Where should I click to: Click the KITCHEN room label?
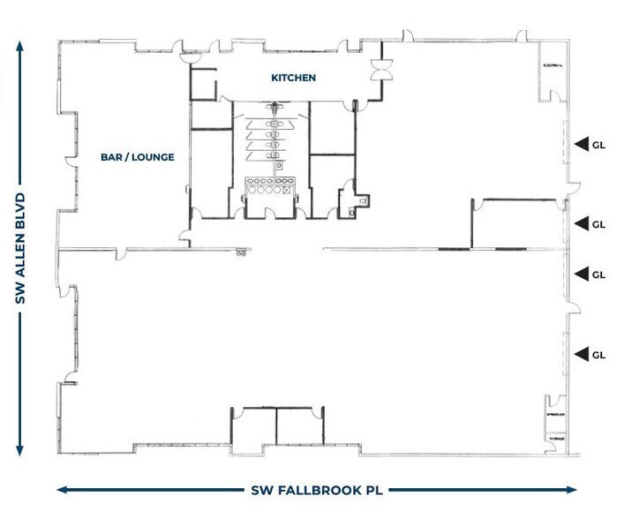[293, 79]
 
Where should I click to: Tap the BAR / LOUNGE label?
[137, 157]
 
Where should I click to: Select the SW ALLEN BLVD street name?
[19, 249]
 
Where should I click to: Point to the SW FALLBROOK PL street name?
[317, 489]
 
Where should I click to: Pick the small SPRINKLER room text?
[554, 414]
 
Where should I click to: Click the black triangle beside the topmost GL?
[581, 143]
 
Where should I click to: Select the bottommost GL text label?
[598, 355]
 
